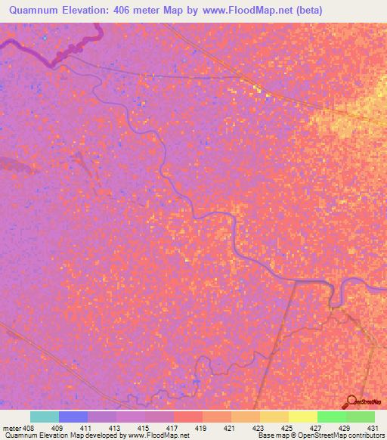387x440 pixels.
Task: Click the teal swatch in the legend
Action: tap(45, 417)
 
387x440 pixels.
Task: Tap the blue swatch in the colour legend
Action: tap(73, 417)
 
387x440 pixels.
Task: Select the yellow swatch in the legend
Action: tap(303, 417)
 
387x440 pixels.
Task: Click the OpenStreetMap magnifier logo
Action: tap(351, 402)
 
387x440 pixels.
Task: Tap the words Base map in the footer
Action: tap(271, 435)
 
